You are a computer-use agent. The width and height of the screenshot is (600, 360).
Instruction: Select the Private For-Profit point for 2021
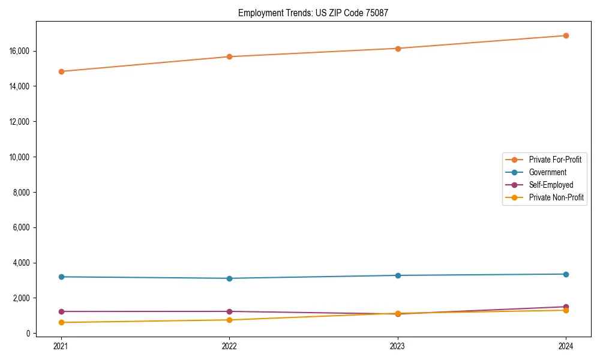[61, 71]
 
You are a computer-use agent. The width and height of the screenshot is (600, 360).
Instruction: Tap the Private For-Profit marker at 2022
[229, 56]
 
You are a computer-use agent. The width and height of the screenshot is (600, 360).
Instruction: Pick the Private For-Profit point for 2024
[566, 35]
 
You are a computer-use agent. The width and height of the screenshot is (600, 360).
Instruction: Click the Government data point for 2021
[61, 277]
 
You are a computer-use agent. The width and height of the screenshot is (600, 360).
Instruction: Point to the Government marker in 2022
[229, 278]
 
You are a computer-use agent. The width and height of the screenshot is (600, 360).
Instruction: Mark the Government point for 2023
[398, 275]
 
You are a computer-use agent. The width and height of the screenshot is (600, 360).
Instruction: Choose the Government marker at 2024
[566, 274]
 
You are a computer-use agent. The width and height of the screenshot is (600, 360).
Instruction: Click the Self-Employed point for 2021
[61, 311]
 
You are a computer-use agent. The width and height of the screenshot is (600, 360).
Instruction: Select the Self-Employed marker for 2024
[566, 307]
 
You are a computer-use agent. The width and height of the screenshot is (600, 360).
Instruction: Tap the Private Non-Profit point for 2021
[61, 322]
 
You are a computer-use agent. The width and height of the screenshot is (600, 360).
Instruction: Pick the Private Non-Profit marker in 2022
[229, 320]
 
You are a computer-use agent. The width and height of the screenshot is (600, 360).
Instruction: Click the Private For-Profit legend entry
[555, 160]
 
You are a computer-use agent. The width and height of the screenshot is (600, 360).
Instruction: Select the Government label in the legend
[547, 172]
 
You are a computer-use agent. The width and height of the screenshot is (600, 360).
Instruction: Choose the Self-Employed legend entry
[551, 185]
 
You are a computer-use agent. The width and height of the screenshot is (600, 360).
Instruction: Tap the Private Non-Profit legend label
[556, 197]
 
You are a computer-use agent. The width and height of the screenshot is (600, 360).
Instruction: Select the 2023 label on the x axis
[398, 346]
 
